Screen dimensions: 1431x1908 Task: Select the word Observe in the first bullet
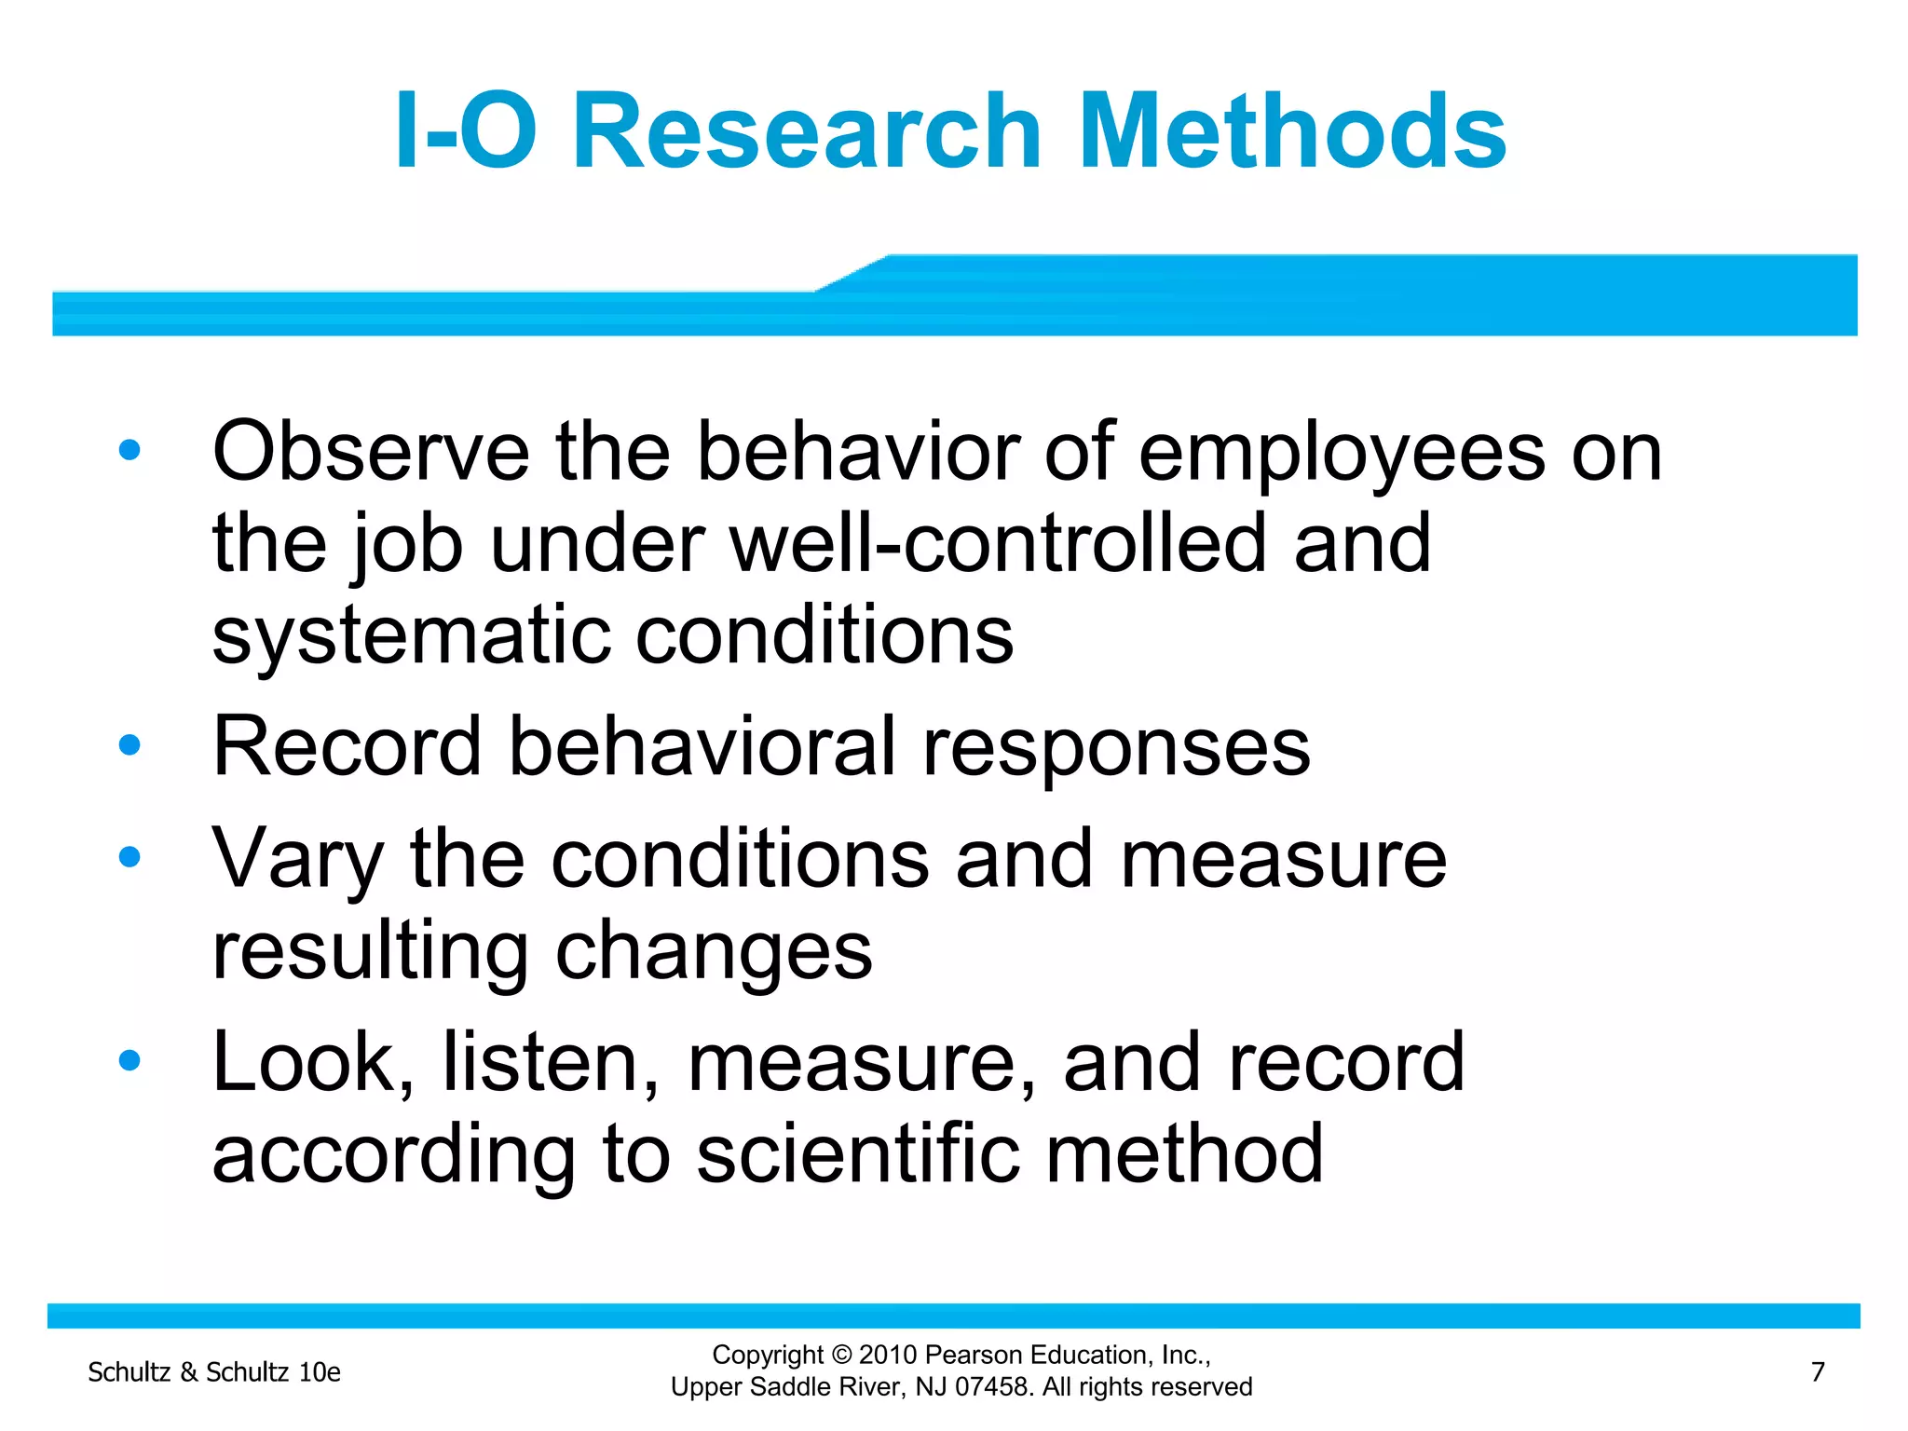click(371, 452)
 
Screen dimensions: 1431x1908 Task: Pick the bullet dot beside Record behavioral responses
click(129, 745)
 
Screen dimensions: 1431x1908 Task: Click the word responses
click(1115, 748)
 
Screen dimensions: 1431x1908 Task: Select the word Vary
click(297, 860)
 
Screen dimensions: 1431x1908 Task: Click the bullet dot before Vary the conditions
click(129, 857)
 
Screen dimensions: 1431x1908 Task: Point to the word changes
click(714, 952)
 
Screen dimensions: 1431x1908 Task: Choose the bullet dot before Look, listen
click(129, 1060)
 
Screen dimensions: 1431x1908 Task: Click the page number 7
click(1818, 1371)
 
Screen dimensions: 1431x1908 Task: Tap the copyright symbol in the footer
click(841, 1356)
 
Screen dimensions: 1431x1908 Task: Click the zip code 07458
click(995, 1387)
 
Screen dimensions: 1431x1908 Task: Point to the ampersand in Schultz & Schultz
click(188, 1372)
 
